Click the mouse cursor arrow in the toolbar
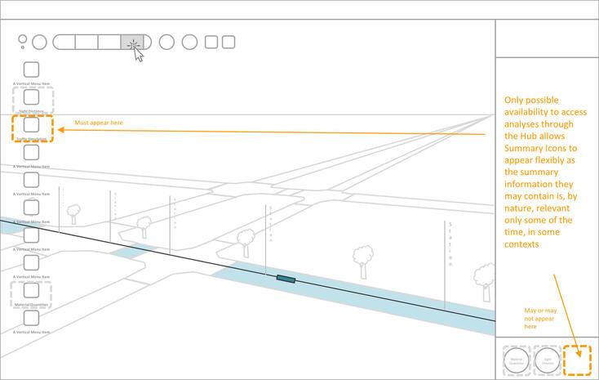[139, 55]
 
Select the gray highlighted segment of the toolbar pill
[132, 42]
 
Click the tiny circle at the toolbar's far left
[22, 38]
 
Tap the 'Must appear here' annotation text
[99, 123]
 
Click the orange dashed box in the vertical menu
[32, 128]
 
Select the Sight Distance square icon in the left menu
[32, 97]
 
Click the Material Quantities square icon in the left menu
[32, 290]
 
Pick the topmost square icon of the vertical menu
[32, 69]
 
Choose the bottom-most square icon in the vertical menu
[32, 318]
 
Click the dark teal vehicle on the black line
[286, 279]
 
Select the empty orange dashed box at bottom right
[578, 360]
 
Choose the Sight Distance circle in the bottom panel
[548, 360]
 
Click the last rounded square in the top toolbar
[229, 42]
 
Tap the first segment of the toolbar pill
[64, 42]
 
